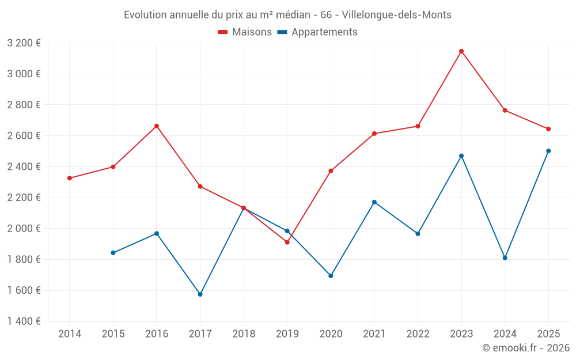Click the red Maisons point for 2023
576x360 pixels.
461,51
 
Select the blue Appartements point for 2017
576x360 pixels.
200,294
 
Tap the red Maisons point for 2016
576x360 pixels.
157,126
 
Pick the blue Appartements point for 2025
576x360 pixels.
548,151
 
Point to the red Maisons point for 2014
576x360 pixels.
70,178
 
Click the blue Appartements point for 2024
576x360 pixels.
505,258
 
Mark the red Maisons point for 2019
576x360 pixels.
287,242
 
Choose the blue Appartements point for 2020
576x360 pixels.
331,276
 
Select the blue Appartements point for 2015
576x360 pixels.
113,253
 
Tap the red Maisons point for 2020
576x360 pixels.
331,171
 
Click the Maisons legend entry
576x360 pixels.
245,32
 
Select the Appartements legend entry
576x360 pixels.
317,32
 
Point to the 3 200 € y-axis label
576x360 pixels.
24,43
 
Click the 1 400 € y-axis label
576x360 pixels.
24,321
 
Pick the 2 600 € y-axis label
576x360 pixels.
24,136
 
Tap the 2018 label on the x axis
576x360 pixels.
244,334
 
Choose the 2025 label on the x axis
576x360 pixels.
548,334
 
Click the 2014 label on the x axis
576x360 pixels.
70,334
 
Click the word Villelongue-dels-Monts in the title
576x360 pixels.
397,15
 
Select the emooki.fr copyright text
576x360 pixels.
526,348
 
